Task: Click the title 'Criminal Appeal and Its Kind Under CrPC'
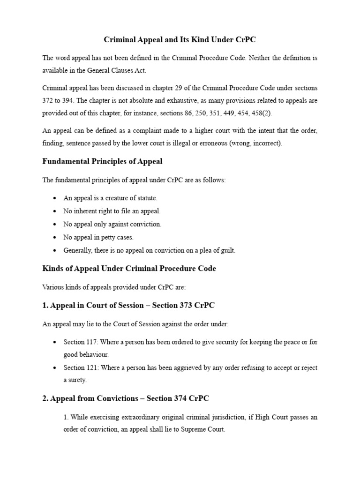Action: click(180, 39)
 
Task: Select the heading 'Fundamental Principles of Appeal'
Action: click(103, 162)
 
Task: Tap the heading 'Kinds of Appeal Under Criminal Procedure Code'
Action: click(129, 269)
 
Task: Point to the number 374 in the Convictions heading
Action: click(181, 398)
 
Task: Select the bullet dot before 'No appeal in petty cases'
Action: click(55, 238)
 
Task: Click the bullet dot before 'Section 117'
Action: click(55, 342)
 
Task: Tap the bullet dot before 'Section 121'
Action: click(55, 368)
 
